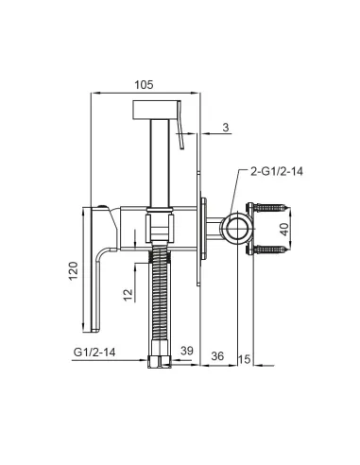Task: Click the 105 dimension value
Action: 144,85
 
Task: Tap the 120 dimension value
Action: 73,271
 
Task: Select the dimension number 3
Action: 226,128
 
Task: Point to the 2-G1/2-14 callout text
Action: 277,171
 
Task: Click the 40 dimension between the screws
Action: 284,230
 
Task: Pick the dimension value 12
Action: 129,295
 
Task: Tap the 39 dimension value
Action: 187,351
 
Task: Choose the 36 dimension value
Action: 217,356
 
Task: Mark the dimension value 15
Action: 244,359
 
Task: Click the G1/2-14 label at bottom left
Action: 94,352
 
